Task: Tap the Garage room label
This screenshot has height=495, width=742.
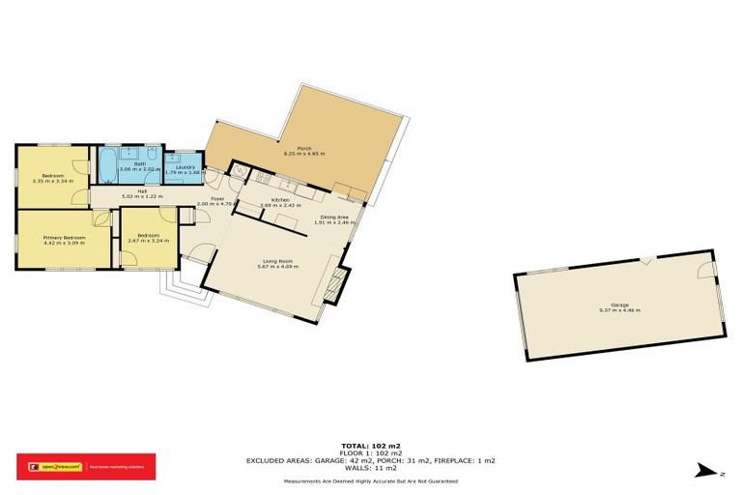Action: tap(618, 304)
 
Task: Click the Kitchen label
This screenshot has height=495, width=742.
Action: tap(280, 199)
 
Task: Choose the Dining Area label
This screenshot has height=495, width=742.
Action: tap(334, 218)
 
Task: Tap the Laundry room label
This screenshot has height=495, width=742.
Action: tap(183, 167)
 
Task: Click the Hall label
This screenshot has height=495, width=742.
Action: tap(141, 191)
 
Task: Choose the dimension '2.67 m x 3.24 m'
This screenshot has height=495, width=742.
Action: tap(148, 240)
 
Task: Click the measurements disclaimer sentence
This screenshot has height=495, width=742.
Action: tap(370, 480)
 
